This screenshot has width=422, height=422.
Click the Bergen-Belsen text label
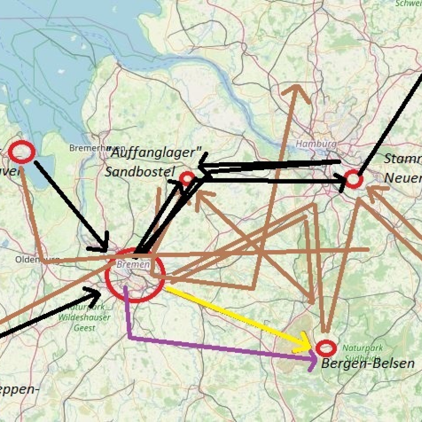click(367, 364)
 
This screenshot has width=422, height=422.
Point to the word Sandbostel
click(139, 172)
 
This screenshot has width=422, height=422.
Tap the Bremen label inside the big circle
click(133, 265)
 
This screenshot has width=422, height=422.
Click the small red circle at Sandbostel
click(187, 178)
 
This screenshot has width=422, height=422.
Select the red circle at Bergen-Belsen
click(326, 348)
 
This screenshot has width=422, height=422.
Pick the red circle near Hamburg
click(353, 179)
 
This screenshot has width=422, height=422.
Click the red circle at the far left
click(22, 152)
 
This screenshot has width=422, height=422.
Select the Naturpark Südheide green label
click(363, 352)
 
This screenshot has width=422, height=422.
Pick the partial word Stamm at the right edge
click(402, 159)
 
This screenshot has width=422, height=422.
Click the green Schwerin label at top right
click(409, 4)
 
